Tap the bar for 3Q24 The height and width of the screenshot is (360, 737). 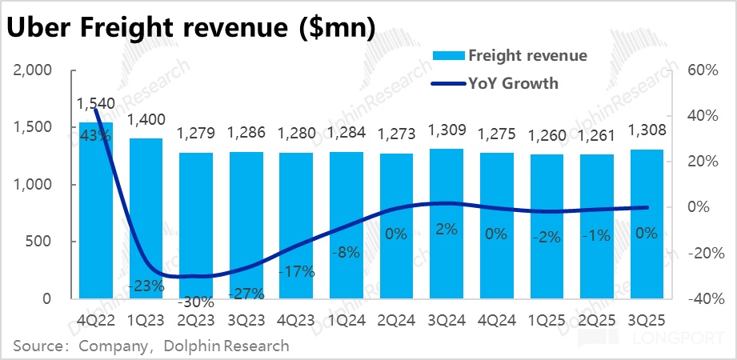(x=446, y=223)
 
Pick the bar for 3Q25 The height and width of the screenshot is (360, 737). (x=646, y=223)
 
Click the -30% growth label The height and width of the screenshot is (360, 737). (x=196, y=302)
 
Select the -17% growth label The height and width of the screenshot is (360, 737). (x=296, y=270)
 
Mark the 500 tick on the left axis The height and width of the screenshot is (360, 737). (x=40, y=242)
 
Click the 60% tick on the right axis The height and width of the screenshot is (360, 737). (x=700, y=70)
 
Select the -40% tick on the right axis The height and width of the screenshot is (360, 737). (x=698, y=299)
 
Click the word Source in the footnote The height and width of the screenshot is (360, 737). (x=38, y=346)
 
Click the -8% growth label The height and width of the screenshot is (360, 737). (x=346, y=254)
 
